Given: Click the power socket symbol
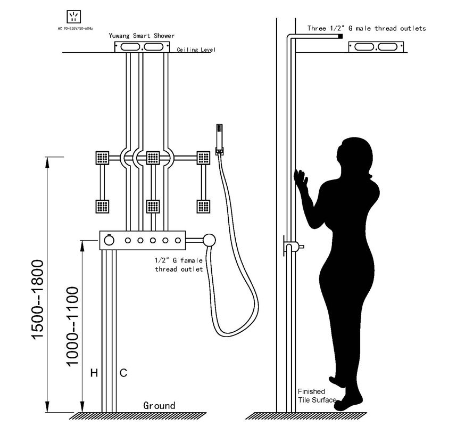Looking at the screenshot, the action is (x=74, y=17).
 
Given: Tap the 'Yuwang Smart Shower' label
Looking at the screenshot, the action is (x=142, y=36).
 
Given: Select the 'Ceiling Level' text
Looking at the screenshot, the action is (x=196, y=50).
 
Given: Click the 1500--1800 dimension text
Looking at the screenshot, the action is (x=38, y=299).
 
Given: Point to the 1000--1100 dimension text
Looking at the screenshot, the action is (x=72, y=326).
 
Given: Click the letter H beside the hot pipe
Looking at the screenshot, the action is (x=94, y=373).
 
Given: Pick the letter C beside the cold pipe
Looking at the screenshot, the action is (x=123, y=373).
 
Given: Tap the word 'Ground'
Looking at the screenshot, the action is (x=159, y=406).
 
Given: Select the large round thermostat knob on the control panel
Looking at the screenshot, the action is (x=109, y=240).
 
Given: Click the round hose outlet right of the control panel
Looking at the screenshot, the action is (x=209, y=240).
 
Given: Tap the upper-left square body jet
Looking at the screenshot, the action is (x=102, y=158).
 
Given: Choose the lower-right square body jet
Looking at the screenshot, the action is (x=203, y=206).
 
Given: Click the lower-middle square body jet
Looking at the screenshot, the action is (x=153, y=206).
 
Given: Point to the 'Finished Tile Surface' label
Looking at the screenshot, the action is (x=317, y=396).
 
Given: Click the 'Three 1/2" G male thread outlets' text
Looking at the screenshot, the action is (x=367, y=29).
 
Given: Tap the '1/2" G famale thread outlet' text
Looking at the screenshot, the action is (x=179, y=265).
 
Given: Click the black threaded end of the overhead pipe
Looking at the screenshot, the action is (x=341, y=37).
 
